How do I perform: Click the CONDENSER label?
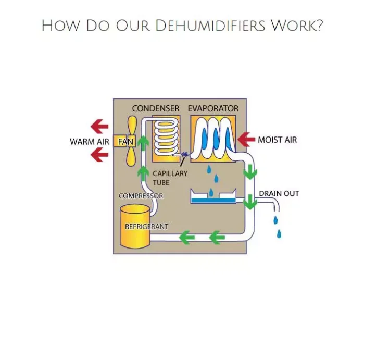pos(155,108)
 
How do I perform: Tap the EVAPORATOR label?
pos(213,108)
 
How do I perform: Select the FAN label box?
pos(125,141)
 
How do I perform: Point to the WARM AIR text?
pos(90,142)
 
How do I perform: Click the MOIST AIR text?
pos(277,140)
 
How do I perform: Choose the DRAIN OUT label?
pos(279,193)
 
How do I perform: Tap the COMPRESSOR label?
pos(141,196)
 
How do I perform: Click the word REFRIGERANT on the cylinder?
pos(146,227)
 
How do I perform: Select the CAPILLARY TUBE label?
pos(170,178)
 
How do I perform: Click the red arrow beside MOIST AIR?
pos(245,139)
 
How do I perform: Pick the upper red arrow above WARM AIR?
pos(99,126)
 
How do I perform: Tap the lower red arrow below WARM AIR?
pos(99,155)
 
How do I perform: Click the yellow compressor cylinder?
pos(135,227)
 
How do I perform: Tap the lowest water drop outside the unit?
pos(279,234)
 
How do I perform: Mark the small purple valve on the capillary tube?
pos(184,154)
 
